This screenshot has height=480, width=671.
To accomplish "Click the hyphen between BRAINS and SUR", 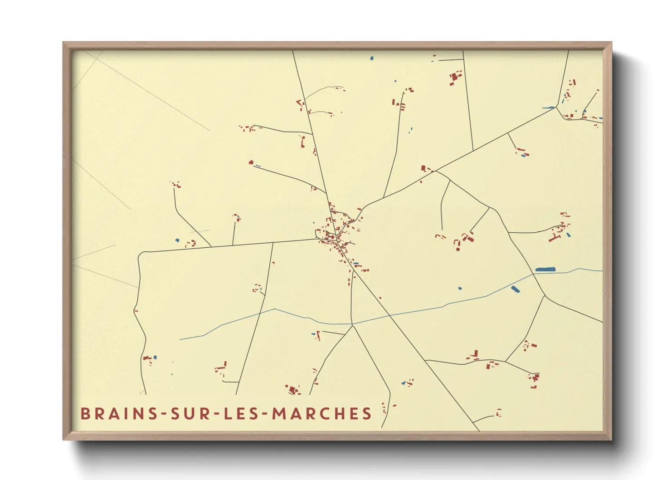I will (164, 414).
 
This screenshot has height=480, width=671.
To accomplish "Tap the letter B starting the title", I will (85, 414).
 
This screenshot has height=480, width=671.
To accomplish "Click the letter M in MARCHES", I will (279, 414).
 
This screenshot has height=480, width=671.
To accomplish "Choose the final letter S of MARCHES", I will (367, 414).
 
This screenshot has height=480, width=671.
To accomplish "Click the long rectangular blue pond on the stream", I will (545, 269).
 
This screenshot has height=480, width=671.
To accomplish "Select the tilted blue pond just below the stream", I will (515, 289).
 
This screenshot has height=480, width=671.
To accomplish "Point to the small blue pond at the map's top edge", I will (372, 58).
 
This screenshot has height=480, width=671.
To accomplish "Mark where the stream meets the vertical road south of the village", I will (352, 324).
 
